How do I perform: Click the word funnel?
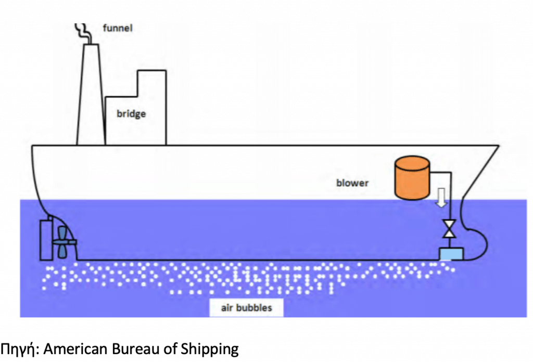coord(118,28)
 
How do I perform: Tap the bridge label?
coord(131,114)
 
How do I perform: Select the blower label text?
coord(352,183)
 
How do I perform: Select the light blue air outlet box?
coord(451,254)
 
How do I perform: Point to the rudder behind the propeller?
coord(46,239)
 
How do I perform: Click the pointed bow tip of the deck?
coord(497,146)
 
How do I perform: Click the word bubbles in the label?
coord(254,308)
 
